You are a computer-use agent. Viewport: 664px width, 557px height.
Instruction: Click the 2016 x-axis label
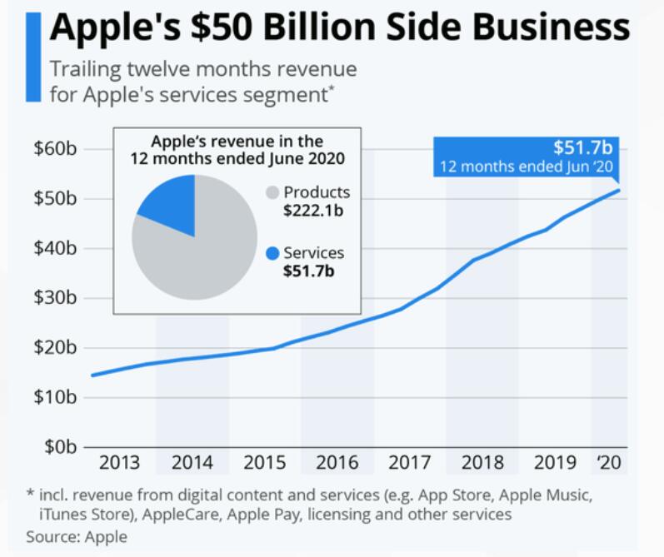tap(337, 463)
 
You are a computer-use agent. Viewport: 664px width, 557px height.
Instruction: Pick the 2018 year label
tap(482, 463)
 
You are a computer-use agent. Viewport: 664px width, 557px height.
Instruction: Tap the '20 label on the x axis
tap(610, 463)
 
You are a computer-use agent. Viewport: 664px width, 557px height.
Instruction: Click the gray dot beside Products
tap(271, 192)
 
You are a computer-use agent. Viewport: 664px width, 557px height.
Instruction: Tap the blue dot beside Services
tap(271, 253)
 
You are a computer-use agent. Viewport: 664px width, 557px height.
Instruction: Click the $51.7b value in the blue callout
tap(582, 149)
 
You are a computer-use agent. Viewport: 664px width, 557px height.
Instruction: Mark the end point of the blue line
tap(618, 191)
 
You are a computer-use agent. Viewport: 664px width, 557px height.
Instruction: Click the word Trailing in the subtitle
tap(79, 69)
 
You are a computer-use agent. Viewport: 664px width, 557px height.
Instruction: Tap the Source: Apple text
tap(76, 537)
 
